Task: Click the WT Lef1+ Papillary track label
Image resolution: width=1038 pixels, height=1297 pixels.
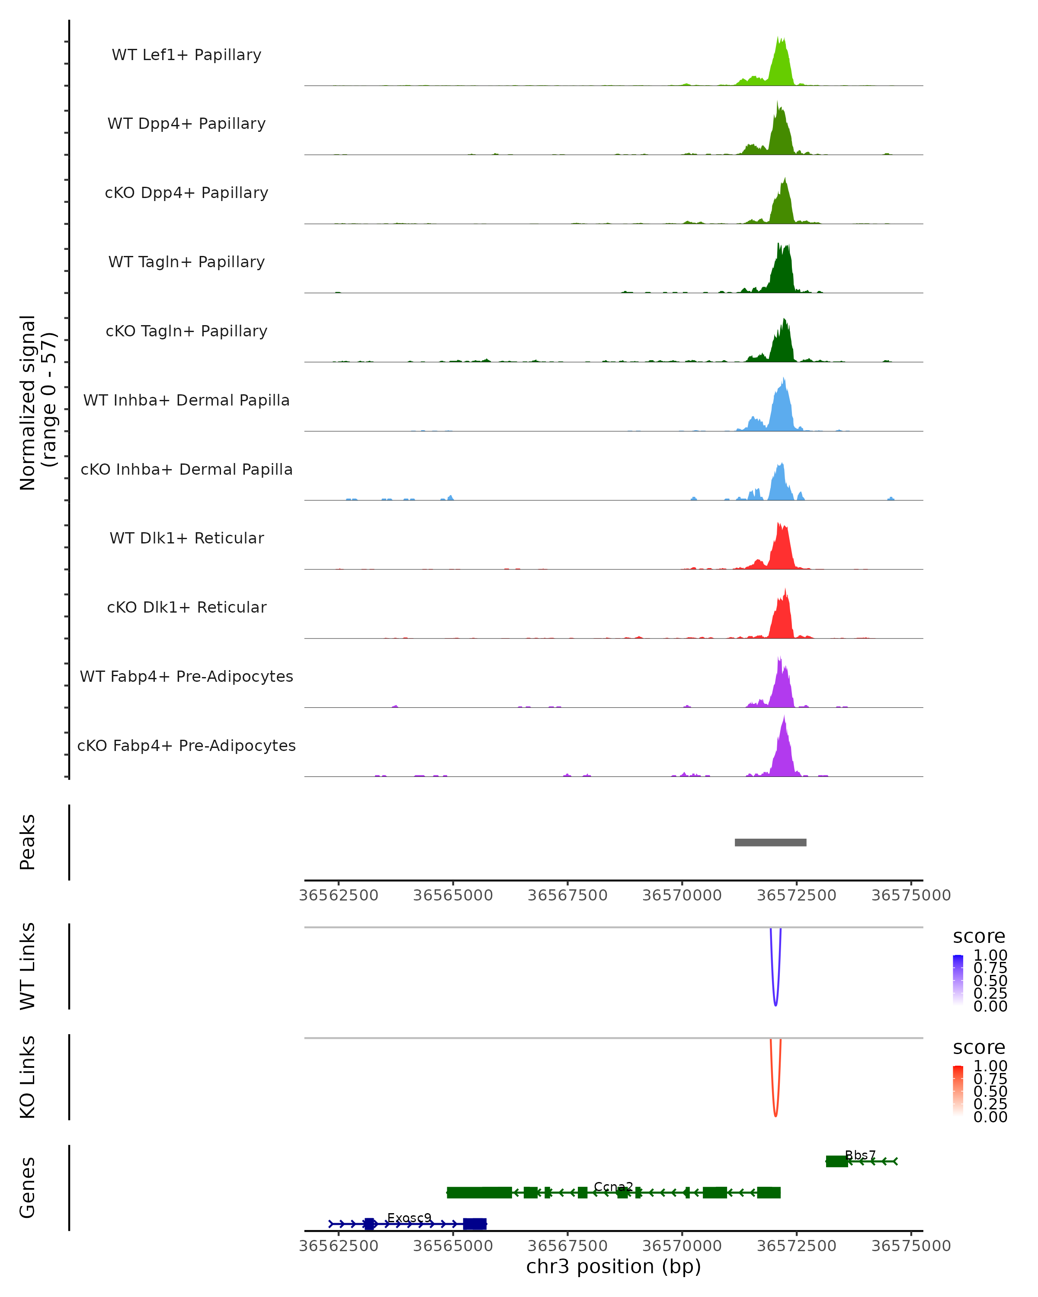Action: (x=186, y=55)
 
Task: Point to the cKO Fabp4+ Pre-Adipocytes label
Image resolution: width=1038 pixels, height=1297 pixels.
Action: (x=186, y=745)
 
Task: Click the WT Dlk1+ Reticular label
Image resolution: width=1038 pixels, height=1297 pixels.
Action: (x=186, y=538)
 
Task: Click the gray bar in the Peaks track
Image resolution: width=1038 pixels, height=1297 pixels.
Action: (x=770, y=842)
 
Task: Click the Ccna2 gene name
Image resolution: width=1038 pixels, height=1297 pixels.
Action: (x=613, y=1187)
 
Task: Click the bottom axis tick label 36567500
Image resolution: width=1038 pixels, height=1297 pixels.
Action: (x=567, y=1246)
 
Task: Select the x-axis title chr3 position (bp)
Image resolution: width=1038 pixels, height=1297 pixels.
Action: (x=613, y=1267)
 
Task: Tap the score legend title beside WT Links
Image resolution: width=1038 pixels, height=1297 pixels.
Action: (x=979, y=937)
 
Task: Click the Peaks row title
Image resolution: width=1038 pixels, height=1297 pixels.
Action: (x=28, y=842)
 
